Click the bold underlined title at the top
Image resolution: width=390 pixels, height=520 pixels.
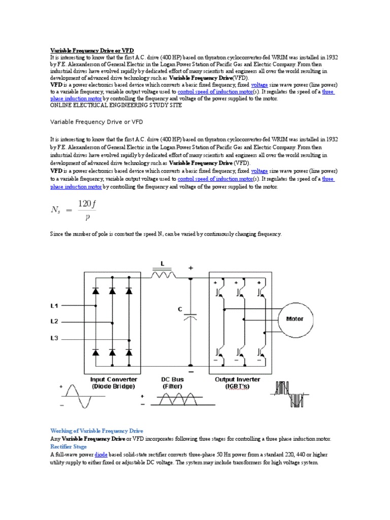[x=91, y=51]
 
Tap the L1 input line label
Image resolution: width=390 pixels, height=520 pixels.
[x=54, y=306]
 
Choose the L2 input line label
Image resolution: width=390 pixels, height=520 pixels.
[x=54, y=321]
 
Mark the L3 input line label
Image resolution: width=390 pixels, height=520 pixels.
[x=54, y=338]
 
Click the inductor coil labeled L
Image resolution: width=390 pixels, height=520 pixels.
[x=162, y=275]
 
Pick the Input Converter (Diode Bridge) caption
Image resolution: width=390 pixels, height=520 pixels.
[x=113, y=382]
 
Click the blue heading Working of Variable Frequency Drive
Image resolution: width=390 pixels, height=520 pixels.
[x=96, y=430]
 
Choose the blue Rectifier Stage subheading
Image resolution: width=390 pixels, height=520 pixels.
[x=68, y=446]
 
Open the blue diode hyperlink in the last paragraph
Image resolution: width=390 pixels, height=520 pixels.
[x=101, y=455]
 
